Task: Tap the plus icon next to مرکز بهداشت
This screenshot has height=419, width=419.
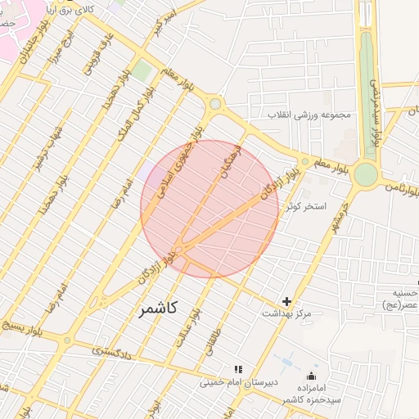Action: point(286,302)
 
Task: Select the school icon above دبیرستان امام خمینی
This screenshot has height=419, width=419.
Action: point(238,370)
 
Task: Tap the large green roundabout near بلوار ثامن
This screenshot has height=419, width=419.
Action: point(365,174)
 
